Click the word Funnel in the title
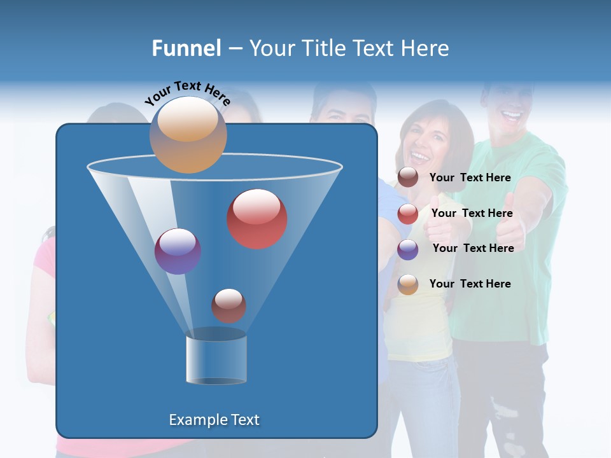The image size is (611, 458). coord(186,48)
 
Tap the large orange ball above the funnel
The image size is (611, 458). coord(188,134)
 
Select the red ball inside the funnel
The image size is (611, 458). coord(257,218)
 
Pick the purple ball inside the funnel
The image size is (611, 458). coord(178,251)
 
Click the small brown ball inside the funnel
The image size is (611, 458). coord(228,305)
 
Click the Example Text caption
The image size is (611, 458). coord(214,420)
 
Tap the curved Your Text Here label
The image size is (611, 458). coord(187,93)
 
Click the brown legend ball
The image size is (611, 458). coord(408,177)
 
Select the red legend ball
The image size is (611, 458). coord(408,214)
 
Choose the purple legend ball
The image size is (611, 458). coord(408,249)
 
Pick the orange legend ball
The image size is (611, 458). coord(408,284)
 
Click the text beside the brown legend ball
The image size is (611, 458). coord(470,177)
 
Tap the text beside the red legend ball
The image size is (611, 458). coord(472,213)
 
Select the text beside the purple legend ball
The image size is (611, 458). coord(473,248)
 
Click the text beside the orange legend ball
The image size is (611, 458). coord(470,284)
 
